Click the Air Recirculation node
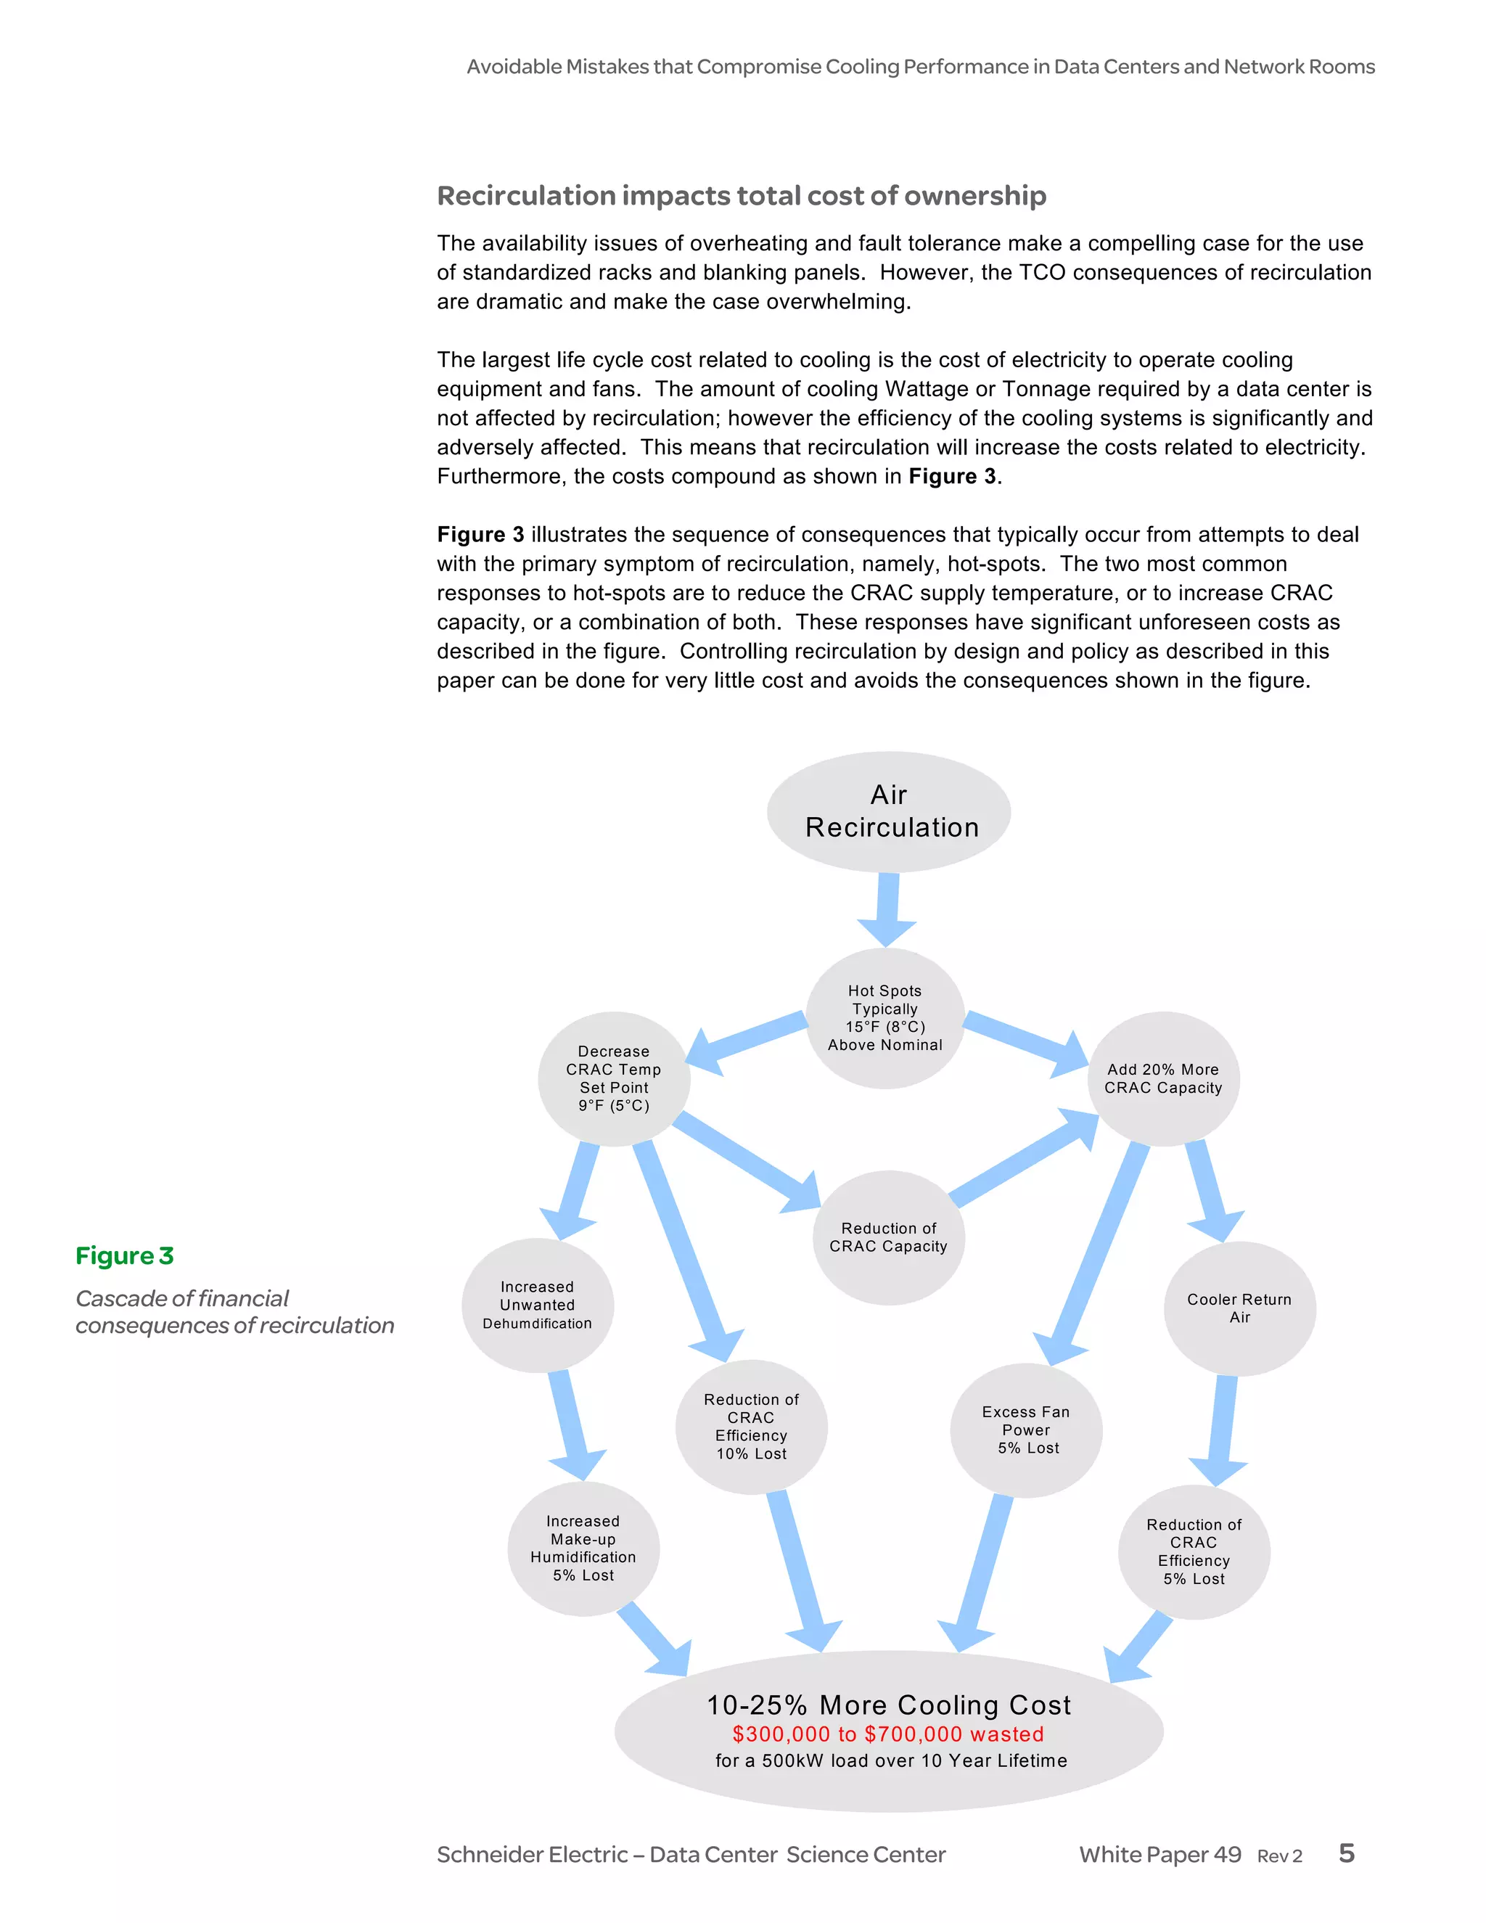888,811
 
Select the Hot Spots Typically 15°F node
884,1018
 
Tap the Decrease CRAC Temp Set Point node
614,1078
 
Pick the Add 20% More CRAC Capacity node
1163,1078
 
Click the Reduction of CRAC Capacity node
888,1237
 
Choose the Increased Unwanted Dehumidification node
537,1305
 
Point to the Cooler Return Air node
1239,1308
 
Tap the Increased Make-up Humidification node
583,1549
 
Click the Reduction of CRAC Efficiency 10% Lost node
751,1427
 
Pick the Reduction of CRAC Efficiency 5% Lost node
1194,1551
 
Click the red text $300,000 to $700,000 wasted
887,1734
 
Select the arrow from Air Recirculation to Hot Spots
887,907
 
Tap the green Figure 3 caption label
124,1255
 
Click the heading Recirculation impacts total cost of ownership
742,195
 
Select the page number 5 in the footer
1346,1853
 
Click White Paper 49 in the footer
1159,1854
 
